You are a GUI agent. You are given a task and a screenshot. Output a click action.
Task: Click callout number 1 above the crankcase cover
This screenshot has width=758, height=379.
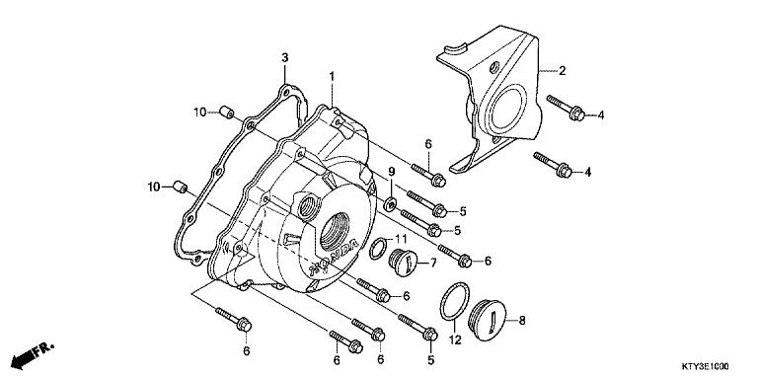[x=332, y=76]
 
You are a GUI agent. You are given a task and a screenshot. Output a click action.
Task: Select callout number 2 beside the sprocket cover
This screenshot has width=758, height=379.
[x=562, y=71]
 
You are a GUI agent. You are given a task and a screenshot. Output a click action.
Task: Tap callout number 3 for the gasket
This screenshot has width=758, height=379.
[x=284, y=58]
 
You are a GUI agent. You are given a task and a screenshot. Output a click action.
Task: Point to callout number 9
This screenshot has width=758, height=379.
[x=390, y=171]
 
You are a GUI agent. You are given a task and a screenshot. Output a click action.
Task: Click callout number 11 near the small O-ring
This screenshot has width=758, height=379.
[x=401, y=240]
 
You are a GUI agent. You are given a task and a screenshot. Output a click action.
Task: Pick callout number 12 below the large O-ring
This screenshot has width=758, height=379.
[x=455, y=340]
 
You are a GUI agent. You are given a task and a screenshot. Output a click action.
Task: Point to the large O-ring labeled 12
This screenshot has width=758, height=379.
[x=453, y=302]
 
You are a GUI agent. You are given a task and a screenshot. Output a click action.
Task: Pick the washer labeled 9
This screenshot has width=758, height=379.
[x=392, y=203]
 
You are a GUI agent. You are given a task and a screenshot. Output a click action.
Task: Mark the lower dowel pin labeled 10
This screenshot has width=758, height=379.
[x=181, y=185]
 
